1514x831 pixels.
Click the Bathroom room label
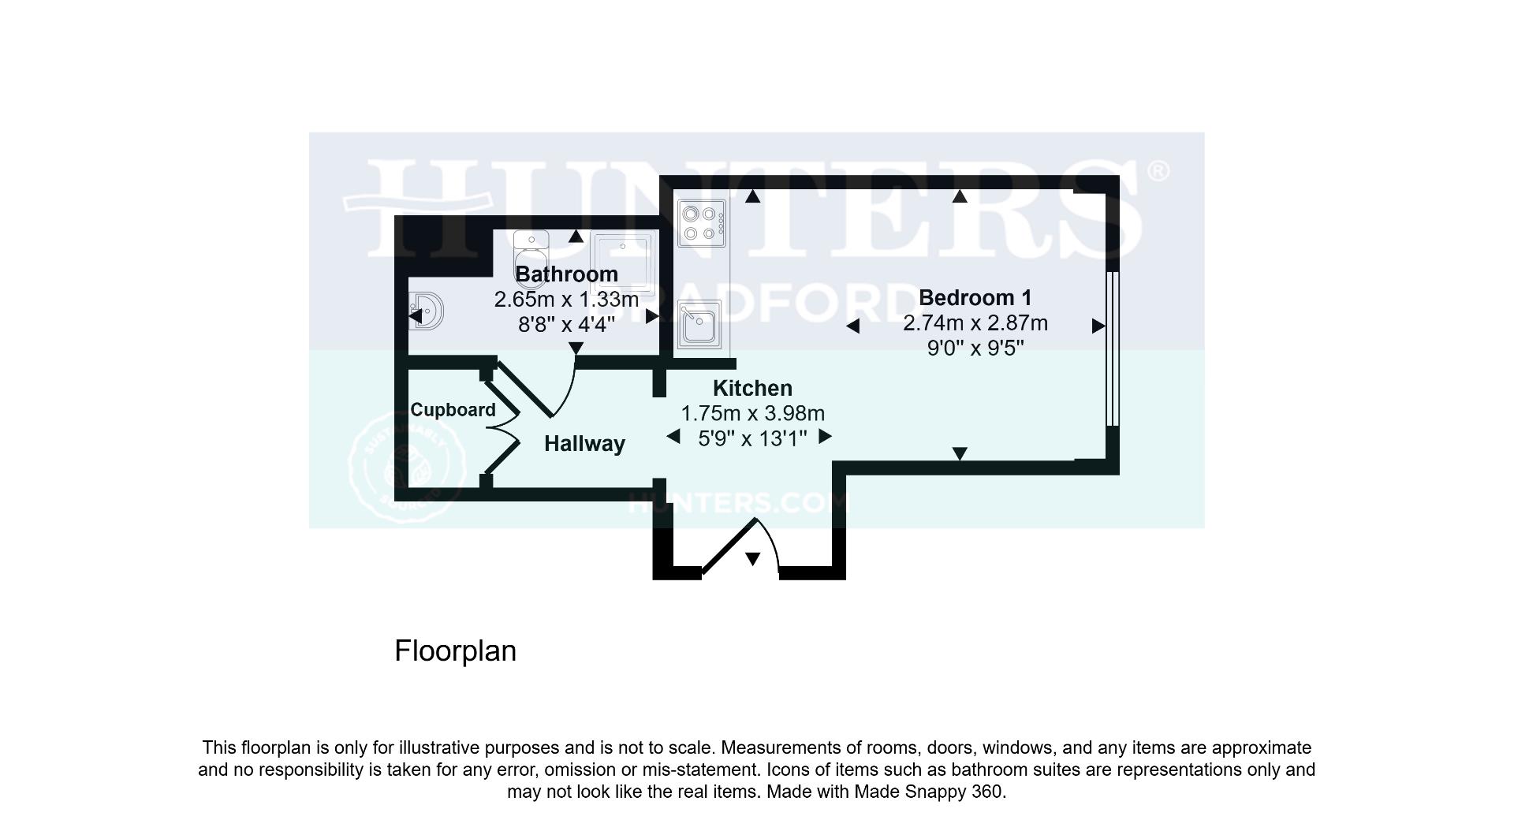566,274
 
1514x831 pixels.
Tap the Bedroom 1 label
975,298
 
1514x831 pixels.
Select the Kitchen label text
752,388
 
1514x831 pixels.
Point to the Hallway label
584,444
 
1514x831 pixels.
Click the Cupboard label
453,410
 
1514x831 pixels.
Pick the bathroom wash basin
427,311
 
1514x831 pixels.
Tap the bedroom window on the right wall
1112,348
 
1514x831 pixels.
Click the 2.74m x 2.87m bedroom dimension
975,323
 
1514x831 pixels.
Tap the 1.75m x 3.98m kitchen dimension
752,413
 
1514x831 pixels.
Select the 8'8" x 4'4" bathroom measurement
566,324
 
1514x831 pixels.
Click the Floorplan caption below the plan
455,651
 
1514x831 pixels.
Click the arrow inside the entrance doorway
752,559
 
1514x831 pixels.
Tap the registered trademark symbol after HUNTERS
1158,171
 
